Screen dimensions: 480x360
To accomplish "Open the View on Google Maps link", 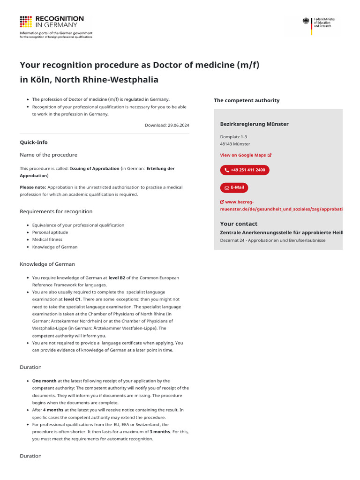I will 246,155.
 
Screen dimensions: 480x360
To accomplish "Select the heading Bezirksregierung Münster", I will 254,124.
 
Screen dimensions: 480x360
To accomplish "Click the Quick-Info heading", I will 34,142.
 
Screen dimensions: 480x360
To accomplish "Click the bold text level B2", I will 117,277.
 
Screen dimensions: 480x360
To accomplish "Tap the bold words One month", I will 44,381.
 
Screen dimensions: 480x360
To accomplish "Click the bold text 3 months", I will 160,432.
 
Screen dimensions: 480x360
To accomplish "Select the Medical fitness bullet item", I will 47,240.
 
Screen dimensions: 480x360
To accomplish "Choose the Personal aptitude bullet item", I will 50,232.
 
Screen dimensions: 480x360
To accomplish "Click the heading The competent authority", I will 247,100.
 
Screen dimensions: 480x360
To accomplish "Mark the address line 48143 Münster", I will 235,144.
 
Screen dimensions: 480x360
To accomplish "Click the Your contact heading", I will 239,224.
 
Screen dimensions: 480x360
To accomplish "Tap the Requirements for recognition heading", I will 56,212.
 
